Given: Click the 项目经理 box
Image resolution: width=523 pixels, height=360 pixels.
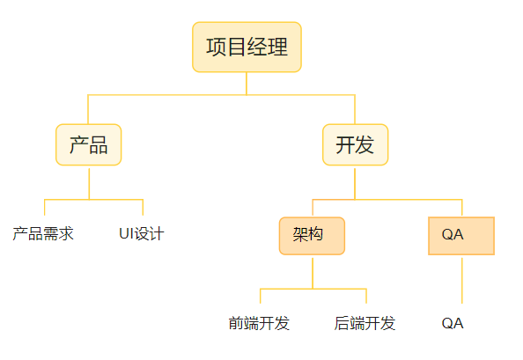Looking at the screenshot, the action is (247, 47).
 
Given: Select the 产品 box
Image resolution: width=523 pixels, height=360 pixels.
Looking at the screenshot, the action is (88, 144).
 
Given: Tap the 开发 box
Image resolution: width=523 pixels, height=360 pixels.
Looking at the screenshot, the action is (355, 144).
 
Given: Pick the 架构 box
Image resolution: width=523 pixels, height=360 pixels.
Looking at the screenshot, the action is (312, 236).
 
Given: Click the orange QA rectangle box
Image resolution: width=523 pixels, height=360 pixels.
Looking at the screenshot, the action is (461, 236).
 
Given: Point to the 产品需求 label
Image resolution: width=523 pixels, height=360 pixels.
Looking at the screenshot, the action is (43, 233).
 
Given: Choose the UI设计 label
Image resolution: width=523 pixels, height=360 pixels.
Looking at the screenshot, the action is (142, 233).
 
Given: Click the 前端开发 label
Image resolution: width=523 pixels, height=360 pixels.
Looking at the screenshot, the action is (259, 323).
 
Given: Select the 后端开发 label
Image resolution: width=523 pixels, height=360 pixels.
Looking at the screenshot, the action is (365, 323).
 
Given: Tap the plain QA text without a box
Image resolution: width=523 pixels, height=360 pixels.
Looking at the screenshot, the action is (453, 323).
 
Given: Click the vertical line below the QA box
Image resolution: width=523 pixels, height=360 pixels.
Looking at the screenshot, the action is (462, 281).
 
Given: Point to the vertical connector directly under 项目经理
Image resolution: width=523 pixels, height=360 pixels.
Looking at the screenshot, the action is (247, 84).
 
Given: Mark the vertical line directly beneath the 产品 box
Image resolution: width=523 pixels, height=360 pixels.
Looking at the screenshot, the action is (89, 184).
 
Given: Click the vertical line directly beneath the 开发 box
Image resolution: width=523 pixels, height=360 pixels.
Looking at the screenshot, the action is (355, 184).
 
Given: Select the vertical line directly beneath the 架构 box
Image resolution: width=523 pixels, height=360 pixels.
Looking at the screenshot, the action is (313, 274).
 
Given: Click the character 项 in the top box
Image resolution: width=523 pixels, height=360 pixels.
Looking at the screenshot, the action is (216, 47).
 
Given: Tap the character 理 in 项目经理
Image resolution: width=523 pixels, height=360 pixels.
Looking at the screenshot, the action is (277, 47).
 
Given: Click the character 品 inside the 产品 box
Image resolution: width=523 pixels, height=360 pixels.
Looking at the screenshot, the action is (99, 145).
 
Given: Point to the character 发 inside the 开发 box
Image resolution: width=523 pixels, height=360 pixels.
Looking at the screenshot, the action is (365, 145).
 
